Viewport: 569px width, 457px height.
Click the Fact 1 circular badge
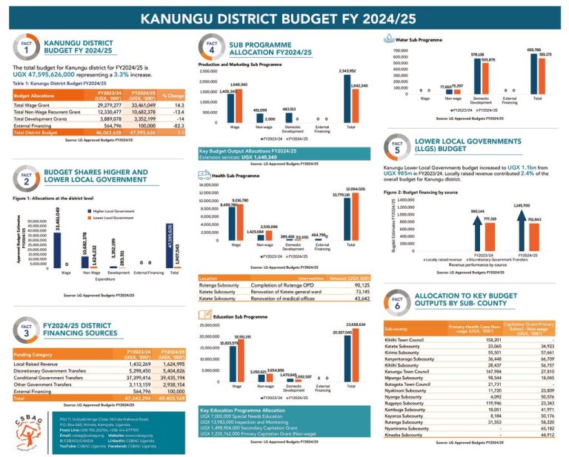[25, 50]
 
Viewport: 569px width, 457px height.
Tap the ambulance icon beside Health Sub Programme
[204, 176]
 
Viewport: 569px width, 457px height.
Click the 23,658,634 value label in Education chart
[357, 324]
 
